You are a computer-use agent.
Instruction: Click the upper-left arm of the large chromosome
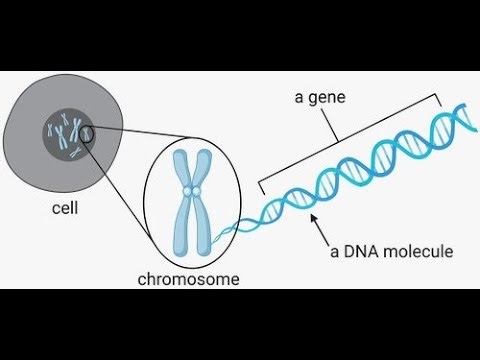pyautogui.click(x=184, y=168)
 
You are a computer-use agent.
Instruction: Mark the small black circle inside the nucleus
pyautogui.click(x=86, y=132)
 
